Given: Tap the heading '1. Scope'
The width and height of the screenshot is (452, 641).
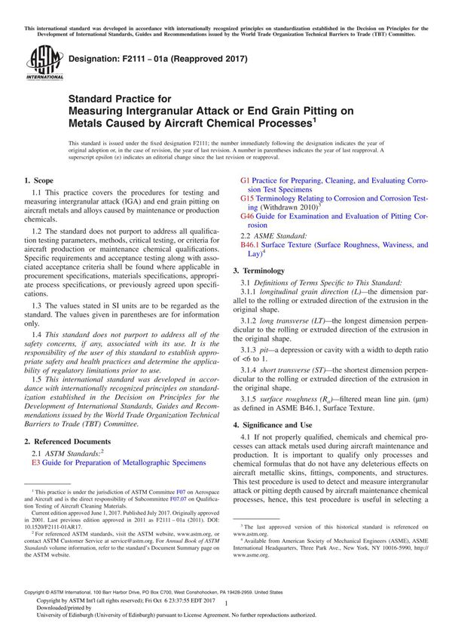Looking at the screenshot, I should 38,181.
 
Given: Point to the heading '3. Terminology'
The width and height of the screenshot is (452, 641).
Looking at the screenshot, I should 258,270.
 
